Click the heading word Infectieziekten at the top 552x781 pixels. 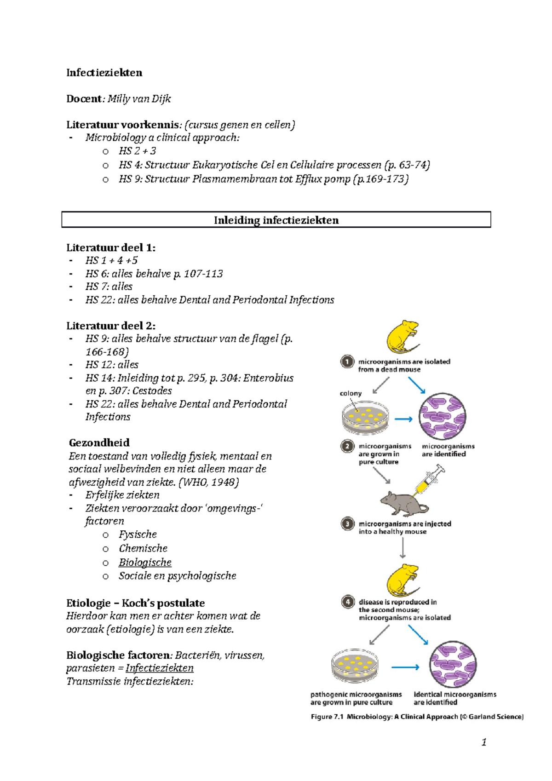(x=104, y=73)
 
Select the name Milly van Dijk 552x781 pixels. (x=139, y=99)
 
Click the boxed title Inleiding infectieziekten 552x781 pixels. (x=276, y=220)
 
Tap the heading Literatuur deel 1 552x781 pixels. (x=110, y=247)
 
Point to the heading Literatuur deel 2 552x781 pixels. (x=110, y=326)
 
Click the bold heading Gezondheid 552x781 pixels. (x=99, y=442)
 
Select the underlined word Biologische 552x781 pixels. (x=145, y=563)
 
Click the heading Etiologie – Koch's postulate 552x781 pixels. (x=135, y=603)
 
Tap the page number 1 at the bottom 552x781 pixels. (x=483, y=742)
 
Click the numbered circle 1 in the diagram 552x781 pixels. (x=347, y=362)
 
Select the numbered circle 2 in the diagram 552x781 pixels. (x=347, y=446)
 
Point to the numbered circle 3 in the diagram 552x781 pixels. (x=347, y=523)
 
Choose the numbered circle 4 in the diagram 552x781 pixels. (x=348, y=602)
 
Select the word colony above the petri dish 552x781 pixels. (x=351, y=393)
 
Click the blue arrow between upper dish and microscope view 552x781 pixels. (x=403, y=419)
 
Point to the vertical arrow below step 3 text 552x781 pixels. (x=403, y=547)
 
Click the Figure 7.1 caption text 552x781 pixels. (x=417, y=717)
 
